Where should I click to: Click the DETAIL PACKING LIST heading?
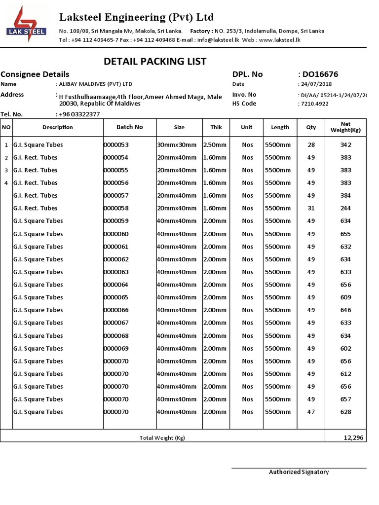(155, 61)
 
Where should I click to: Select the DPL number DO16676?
(320, 74)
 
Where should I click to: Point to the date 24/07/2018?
(317, 84)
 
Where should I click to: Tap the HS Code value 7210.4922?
(314, 104)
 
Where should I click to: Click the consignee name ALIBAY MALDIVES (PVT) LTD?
(95, 84)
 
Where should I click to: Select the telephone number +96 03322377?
(78, 114)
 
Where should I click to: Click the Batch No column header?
(129, 127)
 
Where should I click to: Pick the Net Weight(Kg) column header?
(345, 127)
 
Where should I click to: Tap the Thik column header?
(216, 127)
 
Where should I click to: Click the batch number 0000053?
(116, 145)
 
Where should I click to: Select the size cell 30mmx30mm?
(177, 145)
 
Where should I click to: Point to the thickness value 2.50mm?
(215, 145)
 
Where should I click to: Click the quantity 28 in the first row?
(311, 145)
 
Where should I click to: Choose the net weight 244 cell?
(345, 208)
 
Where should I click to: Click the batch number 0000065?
(116, 297)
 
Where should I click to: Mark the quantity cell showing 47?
(311, 412)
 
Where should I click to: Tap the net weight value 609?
(345, 297)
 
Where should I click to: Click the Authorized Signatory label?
(299, 472)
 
